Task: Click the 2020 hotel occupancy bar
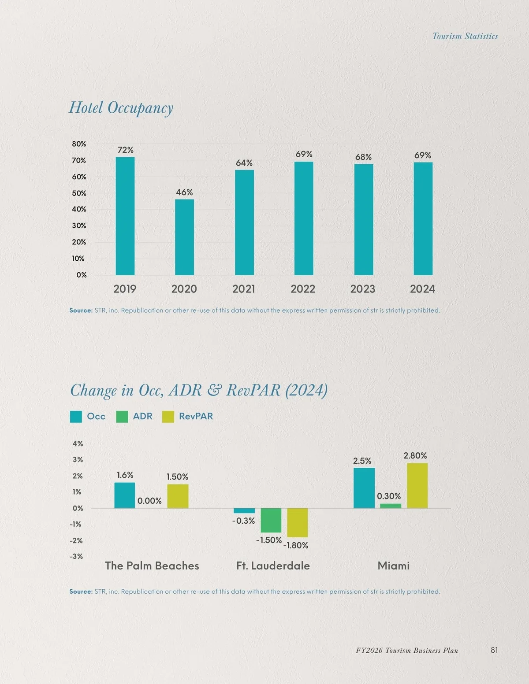184,237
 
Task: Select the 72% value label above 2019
126,150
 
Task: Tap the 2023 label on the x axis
362,289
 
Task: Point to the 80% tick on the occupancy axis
79,144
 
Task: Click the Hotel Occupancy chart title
121,108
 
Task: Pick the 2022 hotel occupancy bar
304,218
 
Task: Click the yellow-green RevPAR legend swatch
168,417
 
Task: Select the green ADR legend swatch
122,417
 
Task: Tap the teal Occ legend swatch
76,417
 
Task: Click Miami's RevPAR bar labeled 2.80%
417,485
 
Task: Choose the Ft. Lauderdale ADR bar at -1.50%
271,520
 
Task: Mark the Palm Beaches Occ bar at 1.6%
125,495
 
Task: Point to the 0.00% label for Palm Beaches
149,501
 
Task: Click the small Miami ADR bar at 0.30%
391,506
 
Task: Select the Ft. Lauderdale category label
273,566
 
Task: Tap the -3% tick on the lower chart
76,556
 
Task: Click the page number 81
494,650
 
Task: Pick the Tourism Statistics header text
465,36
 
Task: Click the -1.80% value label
296,545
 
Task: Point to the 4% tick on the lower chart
78,444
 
